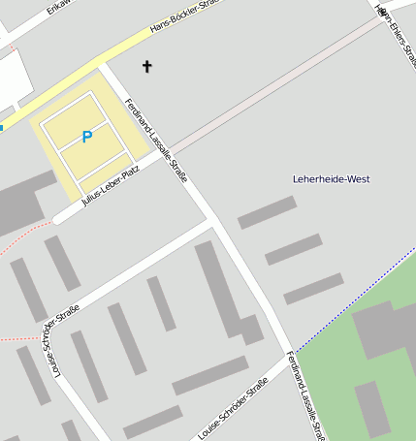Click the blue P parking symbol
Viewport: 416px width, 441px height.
pyautogui.click(x=86, y=138)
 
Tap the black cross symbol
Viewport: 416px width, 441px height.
pyautogui.click(x=147, y=66)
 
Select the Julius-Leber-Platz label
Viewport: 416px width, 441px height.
pyautogui.click(x=112, y=185)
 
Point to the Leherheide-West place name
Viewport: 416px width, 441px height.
pyautogui.click(x=331, y=179)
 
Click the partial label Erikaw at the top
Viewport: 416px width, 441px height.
pyautogui.click(x=59, y=9)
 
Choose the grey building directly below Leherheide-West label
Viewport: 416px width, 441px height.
pyautogui.click(x=267, y=212)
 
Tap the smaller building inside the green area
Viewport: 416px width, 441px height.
pyautogui.click(x=372, y=408)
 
